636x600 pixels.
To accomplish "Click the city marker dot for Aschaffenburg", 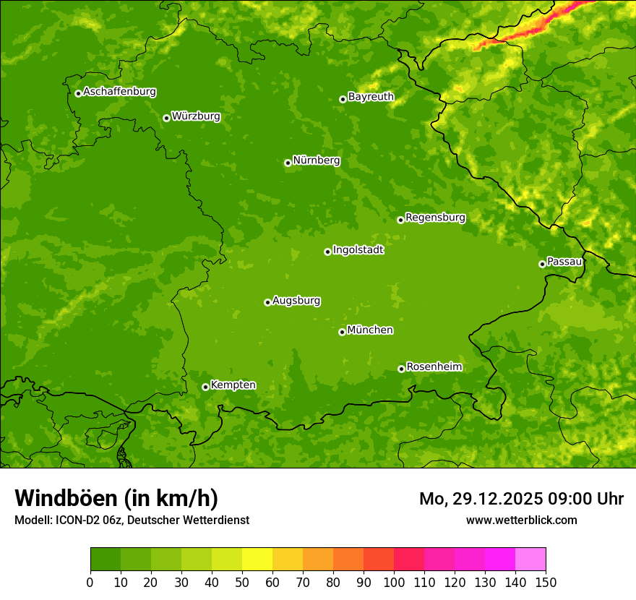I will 78,93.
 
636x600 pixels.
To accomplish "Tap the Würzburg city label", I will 196,116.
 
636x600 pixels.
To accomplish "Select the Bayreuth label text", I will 371,97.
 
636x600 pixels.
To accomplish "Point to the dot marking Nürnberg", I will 288,163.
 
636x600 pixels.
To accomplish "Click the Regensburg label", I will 435,218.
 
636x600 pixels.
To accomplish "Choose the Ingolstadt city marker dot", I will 327,252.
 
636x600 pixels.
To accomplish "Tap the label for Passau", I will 564,262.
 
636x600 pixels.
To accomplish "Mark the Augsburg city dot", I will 267,302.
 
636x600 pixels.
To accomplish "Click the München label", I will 370,330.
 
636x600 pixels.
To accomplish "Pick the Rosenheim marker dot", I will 401,369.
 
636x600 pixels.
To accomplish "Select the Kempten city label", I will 233,385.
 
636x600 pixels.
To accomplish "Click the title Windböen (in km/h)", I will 116,498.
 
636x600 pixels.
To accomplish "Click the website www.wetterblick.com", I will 521,520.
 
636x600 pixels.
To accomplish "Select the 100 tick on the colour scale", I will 394,581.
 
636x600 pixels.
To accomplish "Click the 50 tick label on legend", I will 242,581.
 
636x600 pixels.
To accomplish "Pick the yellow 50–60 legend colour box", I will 257,559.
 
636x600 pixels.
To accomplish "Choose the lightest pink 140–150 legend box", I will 530,559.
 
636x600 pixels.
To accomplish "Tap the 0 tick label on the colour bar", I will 90,581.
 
